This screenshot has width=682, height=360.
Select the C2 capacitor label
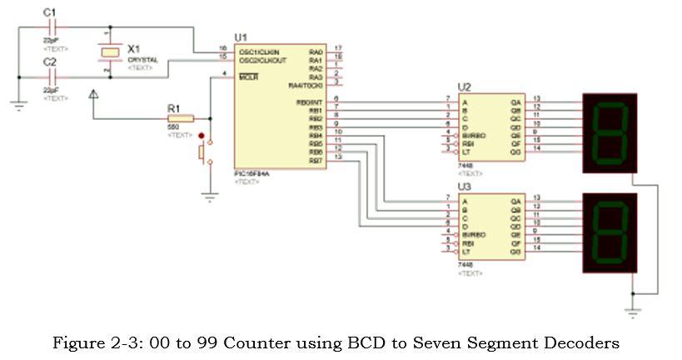49,62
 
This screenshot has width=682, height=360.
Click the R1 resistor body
182,118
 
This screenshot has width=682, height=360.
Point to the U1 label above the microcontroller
241,37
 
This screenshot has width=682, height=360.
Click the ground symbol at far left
17,104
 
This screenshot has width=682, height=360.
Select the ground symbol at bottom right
632,311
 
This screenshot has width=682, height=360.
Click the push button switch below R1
204,152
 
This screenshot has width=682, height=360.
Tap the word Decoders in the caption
583,342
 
